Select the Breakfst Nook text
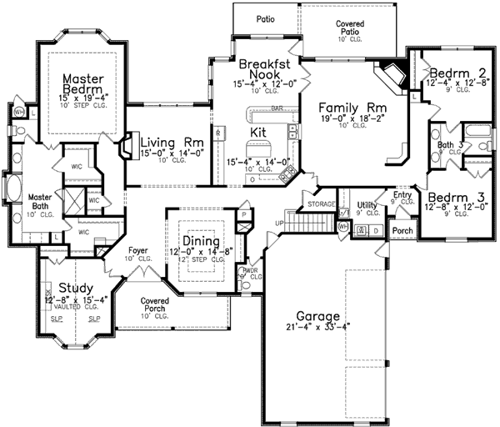tap(264, 70)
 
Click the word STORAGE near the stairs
tap(321, 203)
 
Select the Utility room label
tap(367, 203)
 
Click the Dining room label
tap(201, 242)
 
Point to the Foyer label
tap(138, 249)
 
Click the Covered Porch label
tap(155, 304)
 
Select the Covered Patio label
tap(349, 25)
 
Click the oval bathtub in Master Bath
tap(13, 186)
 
